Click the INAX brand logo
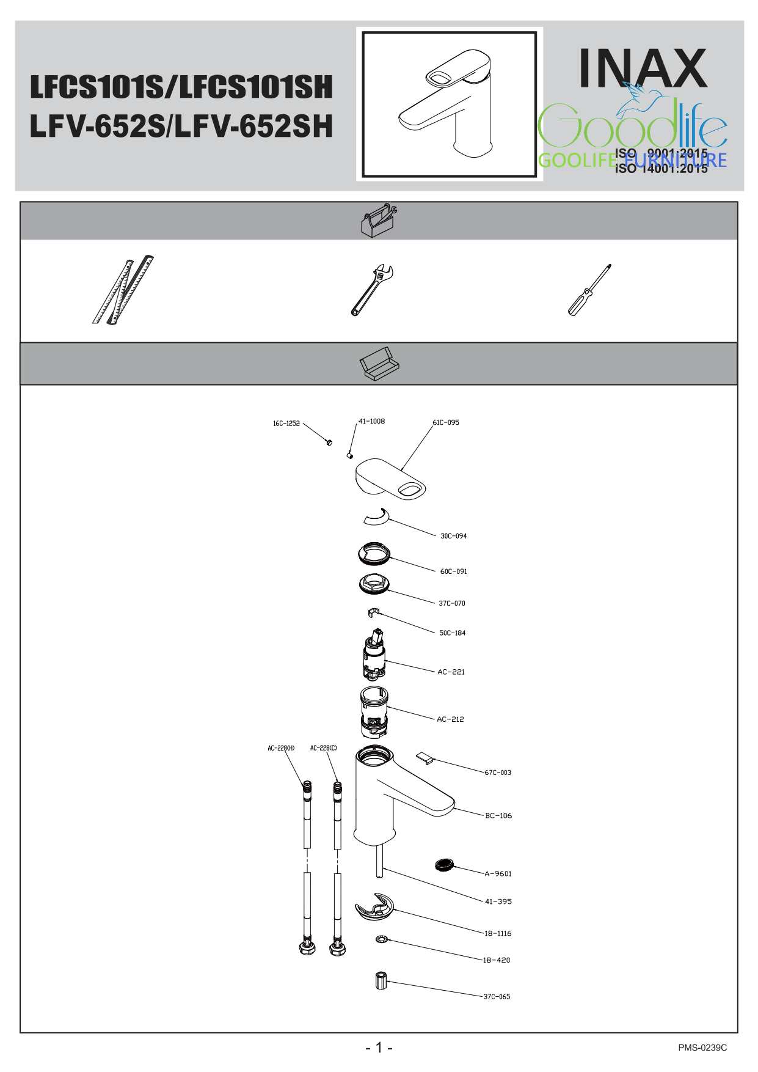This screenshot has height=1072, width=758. click(x=643, y=68)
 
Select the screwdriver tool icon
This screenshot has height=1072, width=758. click(x=589, y=290)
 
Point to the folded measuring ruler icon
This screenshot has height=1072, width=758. click(x=123, y=290)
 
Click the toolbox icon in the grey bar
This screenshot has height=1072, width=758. click(x=379, y=220)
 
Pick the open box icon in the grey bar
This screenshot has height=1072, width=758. click(x=379, y=364)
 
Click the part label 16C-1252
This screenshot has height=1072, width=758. click(x=286, y=424)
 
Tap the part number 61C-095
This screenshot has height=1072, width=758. click(x=446, y=422)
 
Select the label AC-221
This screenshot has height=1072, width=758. click(x=451, y=672)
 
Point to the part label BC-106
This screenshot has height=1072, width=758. click(x=498, y=815)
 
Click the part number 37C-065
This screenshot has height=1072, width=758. click(x=497, y=996)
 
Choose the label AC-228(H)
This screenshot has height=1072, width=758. click(x=281, y=748)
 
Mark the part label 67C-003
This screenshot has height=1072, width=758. click(x=498, y=773)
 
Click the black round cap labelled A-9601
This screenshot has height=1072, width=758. click(x=444, y=865)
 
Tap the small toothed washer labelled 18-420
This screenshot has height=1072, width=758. click(x=381, y=938)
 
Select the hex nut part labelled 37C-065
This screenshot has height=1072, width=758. click(x=381, y=982)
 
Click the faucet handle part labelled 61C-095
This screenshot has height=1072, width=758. click(x=389, y=480)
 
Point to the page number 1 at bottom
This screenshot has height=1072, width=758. click(x=379, y=1048)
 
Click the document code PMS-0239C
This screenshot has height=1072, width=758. click(x=702, y=1048)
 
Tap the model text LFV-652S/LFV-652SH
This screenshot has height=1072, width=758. click(x=181, y=127)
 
